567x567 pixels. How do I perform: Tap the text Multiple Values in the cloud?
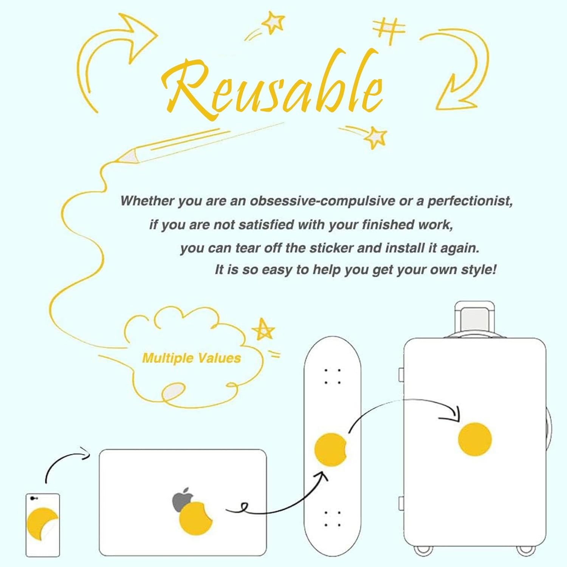pyautogui.click(x=191, y=358)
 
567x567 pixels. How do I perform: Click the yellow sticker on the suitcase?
pyautogui.click(x=475, y=439)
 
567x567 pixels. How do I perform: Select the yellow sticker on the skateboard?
pyautogui.click(x=330, y=450)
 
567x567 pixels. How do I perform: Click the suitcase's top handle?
pyautogui.click(x=475, y=318)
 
